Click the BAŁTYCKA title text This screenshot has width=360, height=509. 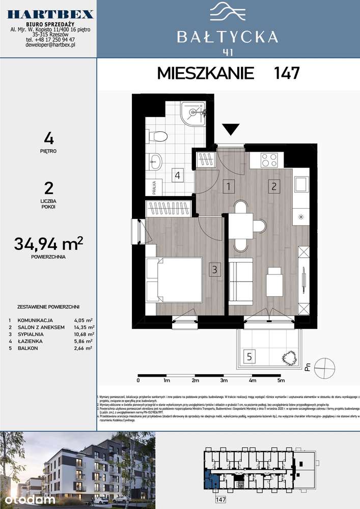point(227,36)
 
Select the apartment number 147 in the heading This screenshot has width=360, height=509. point(286,73)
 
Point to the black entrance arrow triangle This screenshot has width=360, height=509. point(231,130)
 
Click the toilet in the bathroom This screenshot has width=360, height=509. point(158,136)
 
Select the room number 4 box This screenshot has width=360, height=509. point(177,176)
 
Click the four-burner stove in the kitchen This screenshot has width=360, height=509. point(269,160)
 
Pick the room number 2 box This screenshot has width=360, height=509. point(274,186)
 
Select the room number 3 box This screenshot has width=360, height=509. point(215,270)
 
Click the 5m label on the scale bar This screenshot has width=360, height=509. point(281,380)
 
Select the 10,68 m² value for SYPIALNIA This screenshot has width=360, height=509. point(83,334)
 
